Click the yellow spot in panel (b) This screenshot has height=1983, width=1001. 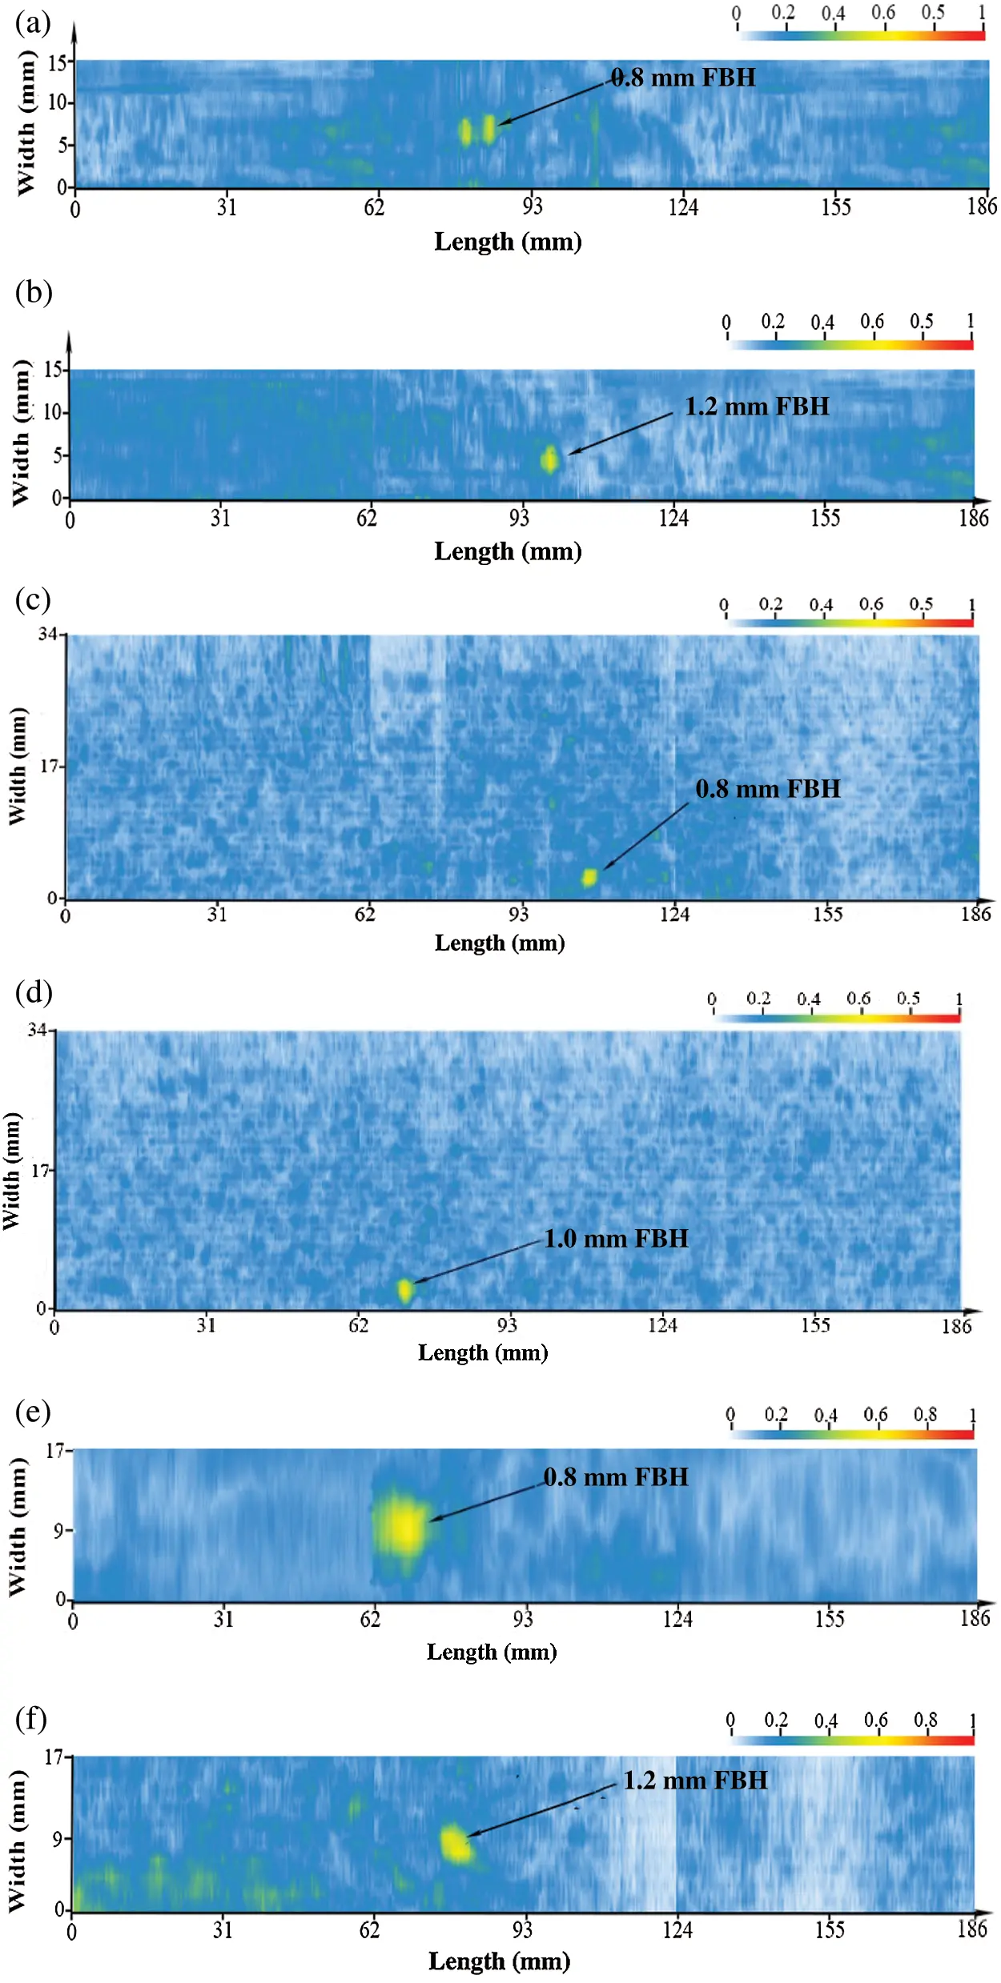coord(549,459)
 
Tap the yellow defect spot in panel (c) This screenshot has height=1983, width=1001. coord(589,877)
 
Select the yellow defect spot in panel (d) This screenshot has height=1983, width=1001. coord(405,1290)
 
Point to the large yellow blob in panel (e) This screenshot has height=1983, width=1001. coord(404,1527)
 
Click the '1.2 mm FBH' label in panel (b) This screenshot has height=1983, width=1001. coord(757,407)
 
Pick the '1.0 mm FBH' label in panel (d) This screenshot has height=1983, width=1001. coord(616,1239)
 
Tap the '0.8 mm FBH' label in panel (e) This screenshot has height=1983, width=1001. coord(616,1476)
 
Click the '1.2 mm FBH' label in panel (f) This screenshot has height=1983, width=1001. coord(695,1780)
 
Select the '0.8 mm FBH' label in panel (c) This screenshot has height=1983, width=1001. coord(768,789)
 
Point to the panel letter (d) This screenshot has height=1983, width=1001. coord(33,992)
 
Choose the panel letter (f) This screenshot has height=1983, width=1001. coord(31,1719)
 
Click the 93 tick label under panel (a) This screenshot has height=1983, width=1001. coord(533,207)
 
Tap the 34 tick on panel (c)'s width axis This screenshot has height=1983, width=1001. coord(47,635)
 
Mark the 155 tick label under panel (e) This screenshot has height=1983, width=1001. coord(830,1619)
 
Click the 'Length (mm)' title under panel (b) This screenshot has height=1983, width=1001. coord(508,551)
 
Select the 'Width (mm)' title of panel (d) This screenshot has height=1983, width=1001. coord(12,1171)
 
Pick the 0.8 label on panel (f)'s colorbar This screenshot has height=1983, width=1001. coord(925,1720)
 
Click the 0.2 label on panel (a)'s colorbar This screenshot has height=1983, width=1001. coord(783,13)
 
